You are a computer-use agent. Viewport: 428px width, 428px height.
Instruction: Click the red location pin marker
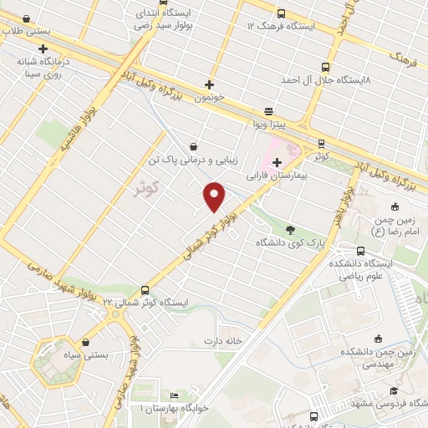215,196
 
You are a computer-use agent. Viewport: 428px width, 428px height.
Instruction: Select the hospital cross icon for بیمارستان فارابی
277,161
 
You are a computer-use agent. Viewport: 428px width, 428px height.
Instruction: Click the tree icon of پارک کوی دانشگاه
290,230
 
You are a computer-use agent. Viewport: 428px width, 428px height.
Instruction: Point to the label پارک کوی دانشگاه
290,243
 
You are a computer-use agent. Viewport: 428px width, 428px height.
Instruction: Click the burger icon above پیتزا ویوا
268,110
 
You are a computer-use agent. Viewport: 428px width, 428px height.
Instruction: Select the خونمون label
210,98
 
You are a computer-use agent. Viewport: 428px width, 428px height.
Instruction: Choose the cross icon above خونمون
209,84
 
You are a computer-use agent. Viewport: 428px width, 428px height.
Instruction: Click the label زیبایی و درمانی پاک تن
193,159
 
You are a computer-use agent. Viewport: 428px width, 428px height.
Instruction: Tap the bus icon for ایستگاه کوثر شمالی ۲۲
145,288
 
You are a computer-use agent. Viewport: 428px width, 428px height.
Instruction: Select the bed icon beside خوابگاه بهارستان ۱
174,395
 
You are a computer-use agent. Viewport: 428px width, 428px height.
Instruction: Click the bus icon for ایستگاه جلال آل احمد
325,67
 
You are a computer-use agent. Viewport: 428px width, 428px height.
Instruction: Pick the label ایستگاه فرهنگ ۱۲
279,26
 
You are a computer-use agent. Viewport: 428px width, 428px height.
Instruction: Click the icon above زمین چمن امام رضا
395,206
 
